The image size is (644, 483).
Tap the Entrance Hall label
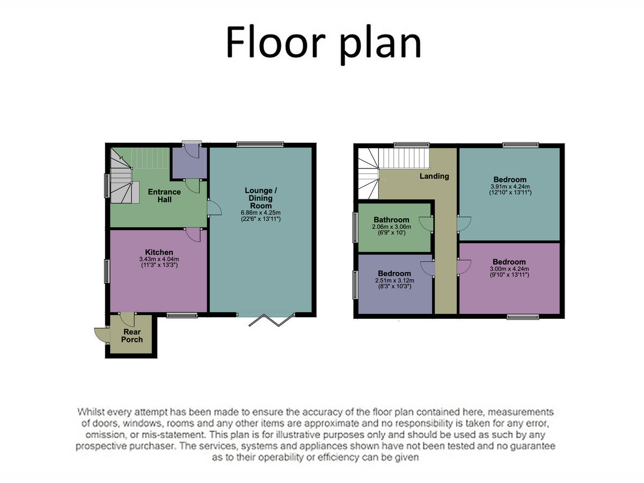[x=164, y=196]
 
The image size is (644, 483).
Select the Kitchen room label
[x=159, y=252]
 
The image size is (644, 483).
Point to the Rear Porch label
[x=132, y=335]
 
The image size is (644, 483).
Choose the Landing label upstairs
[x=434, y=176]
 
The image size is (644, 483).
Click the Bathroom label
[x=392, y=219]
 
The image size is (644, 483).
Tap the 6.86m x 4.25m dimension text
[x=261, y=213]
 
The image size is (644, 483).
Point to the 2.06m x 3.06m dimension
[x=392, y=226]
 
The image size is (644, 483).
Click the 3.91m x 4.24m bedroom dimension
[x=510, y=186]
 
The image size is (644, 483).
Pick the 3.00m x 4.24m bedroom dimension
[x=510, y=269]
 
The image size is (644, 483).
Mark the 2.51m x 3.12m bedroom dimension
[x=394, y=280]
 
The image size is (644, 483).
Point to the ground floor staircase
[x=122, y=174]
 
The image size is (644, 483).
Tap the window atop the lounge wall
[x=260, y=143]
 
